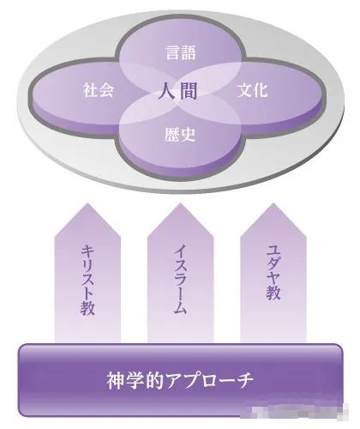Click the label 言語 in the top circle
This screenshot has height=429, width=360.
tap(181, 53)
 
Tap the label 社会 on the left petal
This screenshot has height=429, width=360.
tap(99, 89)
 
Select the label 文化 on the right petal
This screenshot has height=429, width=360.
tap(252, 89)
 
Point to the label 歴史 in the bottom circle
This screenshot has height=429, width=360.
tap(180, 135)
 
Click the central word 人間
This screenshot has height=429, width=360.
tap(177, 91)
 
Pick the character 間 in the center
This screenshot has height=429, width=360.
tap(188, 91)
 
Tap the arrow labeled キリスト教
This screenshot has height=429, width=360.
tap(87, 273)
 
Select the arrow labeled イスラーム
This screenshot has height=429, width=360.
tap(180, 273)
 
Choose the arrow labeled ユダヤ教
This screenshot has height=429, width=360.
tap(273, 273)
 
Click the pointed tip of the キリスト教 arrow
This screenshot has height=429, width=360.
tap(87, 203)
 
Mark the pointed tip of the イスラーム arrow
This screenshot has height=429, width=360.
tap(180, 203)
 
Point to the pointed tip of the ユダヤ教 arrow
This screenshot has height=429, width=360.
tap(273, 203)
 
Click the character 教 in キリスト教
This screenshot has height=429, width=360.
tap(87, 308)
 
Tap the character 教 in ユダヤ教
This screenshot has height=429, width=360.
tap(273, 292)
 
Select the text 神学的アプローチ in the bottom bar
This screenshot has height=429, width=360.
tap(180, 380)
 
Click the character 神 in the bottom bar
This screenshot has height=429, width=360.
tap(116, 380)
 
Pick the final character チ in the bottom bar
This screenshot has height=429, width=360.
tap(244, 380)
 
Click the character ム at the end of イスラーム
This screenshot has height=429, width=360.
tap(180, 307)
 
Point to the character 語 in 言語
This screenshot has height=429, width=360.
tap(189, 53)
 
